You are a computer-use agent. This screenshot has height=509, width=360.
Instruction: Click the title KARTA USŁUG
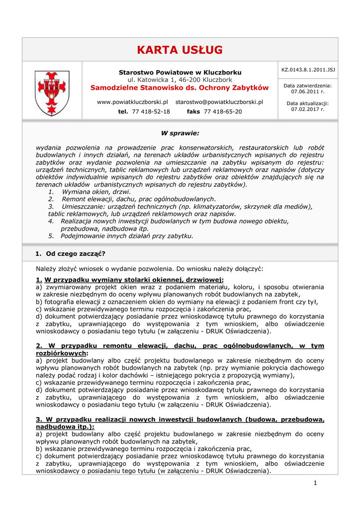180,50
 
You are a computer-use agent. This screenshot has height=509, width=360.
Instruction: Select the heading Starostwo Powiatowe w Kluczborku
180,72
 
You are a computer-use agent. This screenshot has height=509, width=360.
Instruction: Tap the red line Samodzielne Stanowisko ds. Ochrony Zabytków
180,88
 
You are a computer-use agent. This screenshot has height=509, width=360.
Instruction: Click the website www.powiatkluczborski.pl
132,102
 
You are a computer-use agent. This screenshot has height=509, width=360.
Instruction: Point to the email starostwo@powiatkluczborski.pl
219,102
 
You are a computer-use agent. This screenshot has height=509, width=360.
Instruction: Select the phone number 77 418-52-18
151,112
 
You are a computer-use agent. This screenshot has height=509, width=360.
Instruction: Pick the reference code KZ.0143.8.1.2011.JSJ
308,70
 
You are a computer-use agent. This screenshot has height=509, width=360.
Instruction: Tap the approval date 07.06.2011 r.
308,92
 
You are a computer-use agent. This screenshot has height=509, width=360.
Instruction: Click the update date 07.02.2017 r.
308,109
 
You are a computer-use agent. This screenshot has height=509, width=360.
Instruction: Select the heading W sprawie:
180,133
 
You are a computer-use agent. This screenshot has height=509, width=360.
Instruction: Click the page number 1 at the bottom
315,483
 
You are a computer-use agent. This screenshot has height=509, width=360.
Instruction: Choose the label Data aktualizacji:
308,103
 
